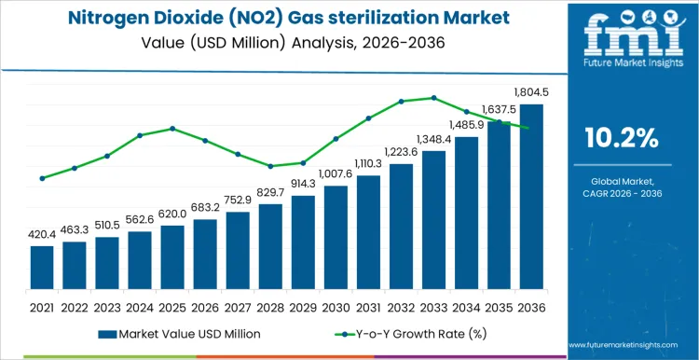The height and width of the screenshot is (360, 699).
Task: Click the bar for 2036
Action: pos(531,198)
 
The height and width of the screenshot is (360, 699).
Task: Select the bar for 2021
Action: pos(42,269)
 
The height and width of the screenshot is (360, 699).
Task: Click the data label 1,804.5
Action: pos(531,92)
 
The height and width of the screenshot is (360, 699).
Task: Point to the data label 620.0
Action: pos(172,214)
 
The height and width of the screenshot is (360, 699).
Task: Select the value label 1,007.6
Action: pos(336,173)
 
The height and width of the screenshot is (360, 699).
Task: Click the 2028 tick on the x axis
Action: pos(270,307)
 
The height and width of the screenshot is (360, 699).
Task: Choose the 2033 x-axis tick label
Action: pos(433,307)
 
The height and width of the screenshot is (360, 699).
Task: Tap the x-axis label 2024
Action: pos(140,307)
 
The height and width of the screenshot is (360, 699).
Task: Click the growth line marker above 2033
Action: pos(433,97)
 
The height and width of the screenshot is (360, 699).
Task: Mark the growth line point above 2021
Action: pos(42,178)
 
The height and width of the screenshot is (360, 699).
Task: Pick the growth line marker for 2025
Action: pos(172,129)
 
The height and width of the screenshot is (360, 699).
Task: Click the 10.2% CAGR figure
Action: pos(622,139)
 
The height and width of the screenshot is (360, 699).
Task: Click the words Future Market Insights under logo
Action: pos(622,65)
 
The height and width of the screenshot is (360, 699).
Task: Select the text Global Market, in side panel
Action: pos(622,180)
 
